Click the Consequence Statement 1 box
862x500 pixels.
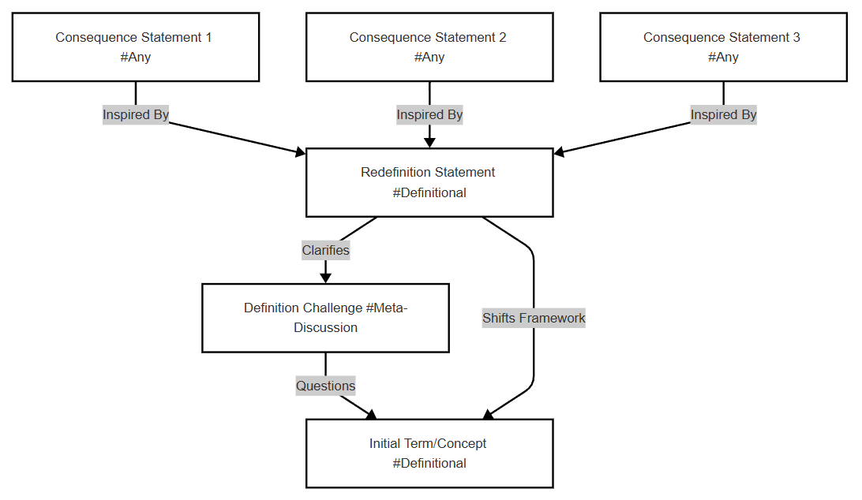[x=136, y=47]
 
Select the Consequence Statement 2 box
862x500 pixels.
[x=429, y=47]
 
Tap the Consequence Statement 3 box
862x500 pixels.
[x=723, y=47]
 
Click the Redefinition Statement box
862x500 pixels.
[x=429, y=182]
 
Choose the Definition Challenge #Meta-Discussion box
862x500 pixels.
[x=325, y=318]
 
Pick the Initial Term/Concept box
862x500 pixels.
[x=429, y=453]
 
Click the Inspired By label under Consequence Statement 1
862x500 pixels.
[x=136, y=115]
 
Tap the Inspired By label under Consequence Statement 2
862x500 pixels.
[x=429, y=115]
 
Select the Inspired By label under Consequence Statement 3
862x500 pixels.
[x=723, y=115]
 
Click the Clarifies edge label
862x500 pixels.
[x=325, y=251]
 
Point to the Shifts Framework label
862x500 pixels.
[x=534, y=318]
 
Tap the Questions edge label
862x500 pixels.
[x=325, y=386]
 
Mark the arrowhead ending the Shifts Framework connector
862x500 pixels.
[x=488, y=415]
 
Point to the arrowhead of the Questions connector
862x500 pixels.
[x=371, y=415]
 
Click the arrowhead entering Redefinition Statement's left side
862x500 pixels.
[x=301, y=151]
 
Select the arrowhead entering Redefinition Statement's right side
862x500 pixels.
[x=559, y=151]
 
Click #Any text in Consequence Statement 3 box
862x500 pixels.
[x=723, y=57]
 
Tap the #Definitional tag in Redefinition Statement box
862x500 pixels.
[x=429, y=193]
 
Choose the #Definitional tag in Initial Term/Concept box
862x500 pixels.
[x=429, y=463]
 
